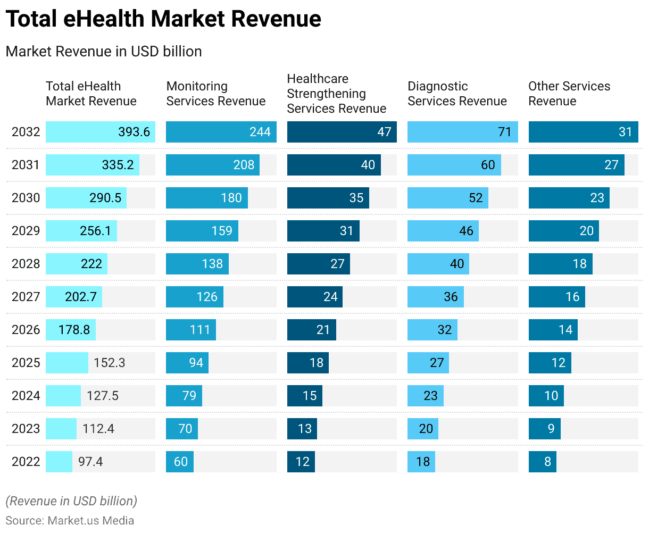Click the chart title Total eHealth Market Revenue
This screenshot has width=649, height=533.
163,19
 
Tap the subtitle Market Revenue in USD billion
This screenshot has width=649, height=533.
104,52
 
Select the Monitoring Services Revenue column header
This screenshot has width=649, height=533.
215,94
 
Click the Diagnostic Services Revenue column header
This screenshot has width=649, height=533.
457,94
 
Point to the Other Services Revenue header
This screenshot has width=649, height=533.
569,94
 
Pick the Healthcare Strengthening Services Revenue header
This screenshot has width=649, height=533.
336,94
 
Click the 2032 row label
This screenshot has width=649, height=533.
26,132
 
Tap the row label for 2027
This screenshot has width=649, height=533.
26,297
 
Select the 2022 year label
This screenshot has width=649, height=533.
26,462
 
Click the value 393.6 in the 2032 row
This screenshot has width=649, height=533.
134,132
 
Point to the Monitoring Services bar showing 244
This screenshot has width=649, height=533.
221,132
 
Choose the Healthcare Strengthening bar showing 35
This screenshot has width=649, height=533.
328,198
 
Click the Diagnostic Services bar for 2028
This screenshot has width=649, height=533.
438,264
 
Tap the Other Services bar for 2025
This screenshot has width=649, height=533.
550,363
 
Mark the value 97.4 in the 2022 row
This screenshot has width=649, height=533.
90,462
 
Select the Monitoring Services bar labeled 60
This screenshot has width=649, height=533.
180,462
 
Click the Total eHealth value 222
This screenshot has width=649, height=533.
91,264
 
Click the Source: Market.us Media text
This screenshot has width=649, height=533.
70,520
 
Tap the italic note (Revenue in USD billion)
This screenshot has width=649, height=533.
71,501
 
